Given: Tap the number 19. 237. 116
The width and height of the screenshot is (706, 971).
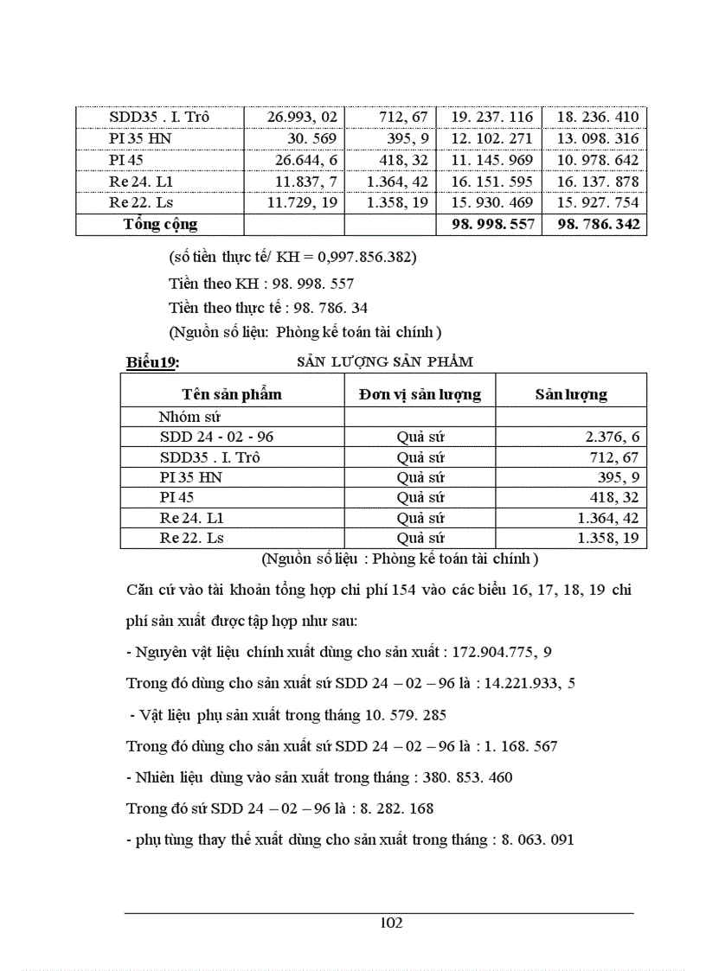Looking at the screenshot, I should (x=489, y=117).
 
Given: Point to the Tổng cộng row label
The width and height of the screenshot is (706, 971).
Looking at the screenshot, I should (x=160, y=224).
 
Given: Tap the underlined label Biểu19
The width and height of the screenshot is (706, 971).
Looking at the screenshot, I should (x=152, y=362).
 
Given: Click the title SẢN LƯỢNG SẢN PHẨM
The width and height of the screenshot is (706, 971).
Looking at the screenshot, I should (x=385, y=361).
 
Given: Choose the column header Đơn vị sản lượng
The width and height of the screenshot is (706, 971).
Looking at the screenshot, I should (x=420, y=394).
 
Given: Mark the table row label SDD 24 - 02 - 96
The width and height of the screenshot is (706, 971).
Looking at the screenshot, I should (x=216, y=437).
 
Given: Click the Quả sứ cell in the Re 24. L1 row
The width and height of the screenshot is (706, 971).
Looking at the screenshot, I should (x=420, y=518).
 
